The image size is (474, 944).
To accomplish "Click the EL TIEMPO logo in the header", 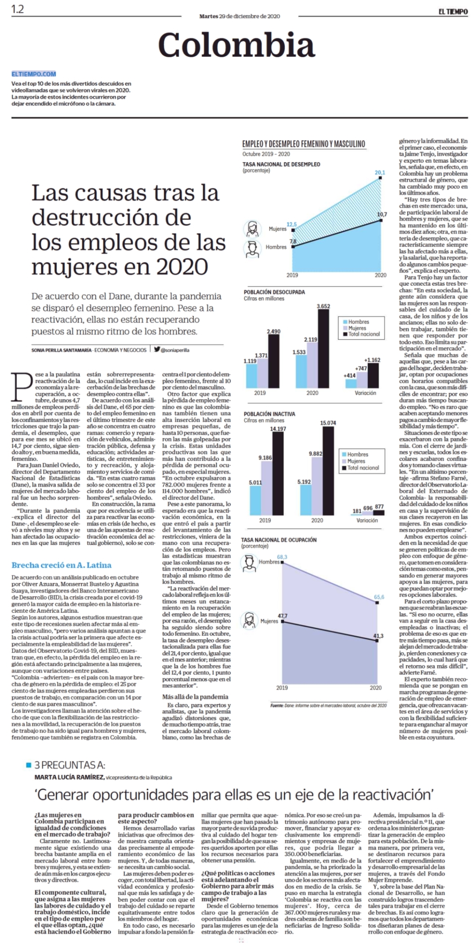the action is tap(453, 12).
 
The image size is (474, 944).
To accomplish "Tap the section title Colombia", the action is tap(236, 45).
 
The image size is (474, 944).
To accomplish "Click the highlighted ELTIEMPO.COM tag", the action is tap(34, 74).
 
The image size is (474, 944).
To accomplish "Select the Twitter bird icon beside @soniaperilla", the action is tap(157, 349).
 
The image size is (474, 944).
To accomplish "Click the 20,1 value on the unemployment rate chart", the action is tap(379, 173).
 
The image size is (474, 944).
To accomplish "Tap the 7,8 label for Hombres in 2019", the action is tap(293, 241).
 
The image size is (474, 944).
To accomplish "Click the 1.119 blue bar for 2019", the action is tap(251, 376).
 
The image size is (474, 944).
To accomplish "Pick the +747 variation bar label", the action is tap(361, 368).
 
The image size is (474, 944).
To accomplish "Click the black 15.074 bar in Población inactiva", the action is tap(328, 471).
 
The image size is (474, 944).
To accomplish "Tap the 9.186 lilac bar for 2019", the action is tap(266, 488).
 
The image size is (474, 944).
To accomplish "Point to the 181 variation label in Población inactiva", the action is tap(357, 511).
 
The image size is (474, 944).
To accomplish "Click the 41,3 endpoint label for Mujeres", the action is tap(379, 636).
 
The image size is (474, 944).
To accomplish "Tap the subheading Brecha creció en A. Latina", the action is tap(62, 565).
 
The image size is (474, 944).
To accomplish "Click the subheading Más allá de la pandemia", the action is tap(195, 697).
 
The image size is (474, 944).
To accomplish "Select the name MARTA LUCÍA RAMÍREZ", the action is tap(70, 777).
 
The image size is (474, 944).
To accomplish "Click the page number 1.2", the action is tap(18, 9).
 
